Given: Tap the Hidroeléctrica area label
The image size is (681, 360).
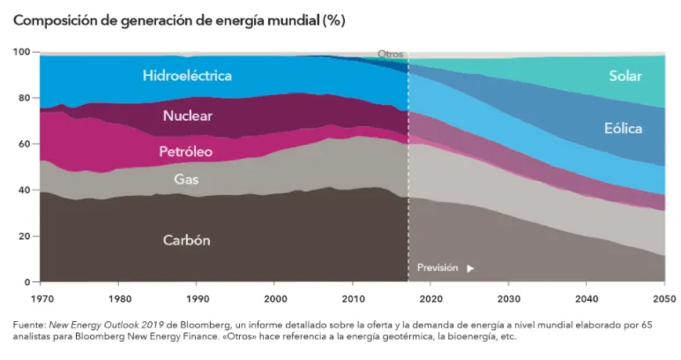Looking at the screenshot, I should [187, 76].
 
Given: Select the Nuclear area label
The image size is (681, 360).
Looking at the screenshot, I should [187, 116].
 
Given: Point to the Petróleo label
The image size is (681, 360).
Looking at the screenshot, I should [185, 152].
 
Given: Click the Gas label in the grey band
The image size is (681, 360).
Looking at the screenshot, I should [185, 178].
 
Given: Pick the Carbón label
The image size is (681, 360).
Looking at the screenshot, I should [187, 240].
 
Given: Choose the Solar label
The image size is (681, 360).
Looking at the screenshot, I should [625, 77].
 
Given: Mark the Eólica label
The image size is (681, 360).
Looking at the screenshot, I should [623, 129].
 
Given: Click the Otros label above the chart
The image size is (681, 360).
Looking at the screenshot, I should [390, 54].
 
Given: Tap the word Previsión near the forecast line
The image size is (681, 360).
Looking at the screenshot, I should [438, 267].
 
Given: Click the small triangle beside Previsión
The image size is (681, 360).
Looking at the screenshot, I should [470, 267].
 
